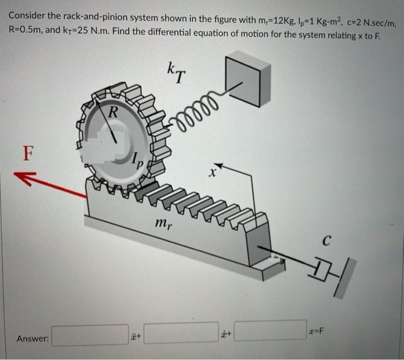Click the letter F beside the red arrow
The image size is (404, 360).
tap(26, 154)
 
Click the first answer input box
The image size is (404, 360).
tap(89, 335)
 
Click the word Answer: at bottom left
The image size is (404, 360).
tap(32, 338)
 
